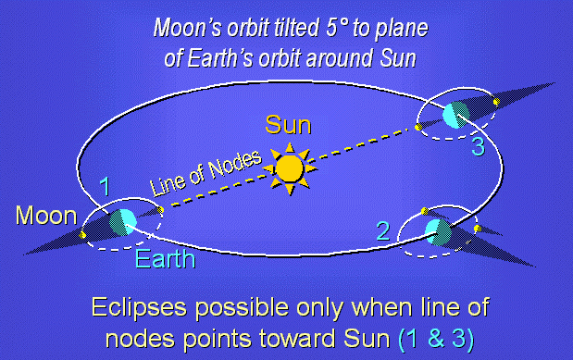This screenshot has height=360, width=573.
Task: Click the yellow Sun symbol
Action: pyautogui.click(x=290, y=168)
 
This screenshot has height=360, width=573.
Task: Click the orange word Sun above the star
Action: pyautogui.click(x=288, y=125)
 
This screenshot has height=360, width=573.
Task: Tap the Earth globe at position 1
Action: pyautogui.click(x=123, y=222)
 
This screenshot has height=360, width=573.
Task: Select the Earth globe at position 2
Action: pyautogui.click(x=438, y=232)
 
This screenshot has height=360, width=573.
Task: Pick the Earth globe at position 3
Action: pyautogui.click(x=456, y=115)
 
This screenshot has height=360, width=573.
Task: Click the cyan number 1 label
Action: pyautogui.click(x=105, y=186)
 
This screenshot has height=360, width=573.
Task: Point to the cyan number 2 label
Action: pyautogui.click(x=383, y=231)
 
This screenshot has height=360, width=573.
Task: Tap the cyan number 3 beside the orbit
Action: pyautogui.click(x=478, y=147)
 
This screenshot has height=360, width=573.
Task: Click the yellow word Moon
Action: pyautogui.click(x=46, y=216)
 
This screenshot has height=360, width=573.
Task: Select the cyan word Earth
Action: pyautogui.click(x=165, y=259)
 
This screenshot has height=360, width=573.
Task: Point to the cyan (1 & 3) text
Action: pyautogui.click(x=436, y=339)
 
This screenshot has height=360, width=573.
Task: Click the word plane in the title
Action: pyautogui.click(x=402, y=29)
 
